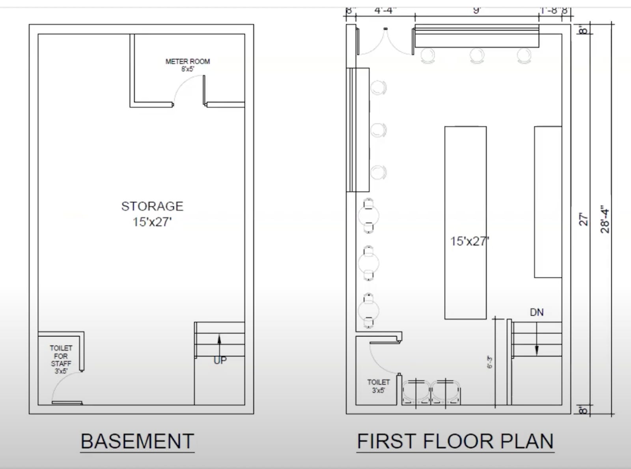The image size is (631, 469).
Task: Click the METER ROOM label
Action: (x=187, y=61)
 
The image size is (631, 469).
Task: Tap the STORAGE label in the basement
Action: (x=152, y=206)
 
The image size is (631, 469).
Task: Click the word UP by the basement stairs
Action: (x=220, y=360)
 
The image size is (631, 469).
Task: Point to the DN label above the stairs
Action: (x=537, y=313)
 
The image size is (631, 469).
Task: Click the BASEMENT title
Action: (x=137, y=441)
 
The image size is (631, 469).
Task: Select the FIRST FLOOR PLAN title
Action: (x=456, y=441)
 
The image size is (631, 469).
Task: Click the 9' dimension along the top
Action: (x=477, y=10)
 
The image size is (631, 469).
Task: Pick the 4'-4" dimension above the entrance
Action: (x=385, y=10)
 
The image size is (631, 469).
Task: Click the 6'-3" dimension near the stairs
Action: (x=490, y=362)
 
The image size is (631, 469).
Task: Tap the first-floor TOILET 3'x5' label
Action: (x=378, y=386)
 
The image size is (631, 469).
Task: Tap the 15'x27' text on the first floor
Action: (x=470, y=241)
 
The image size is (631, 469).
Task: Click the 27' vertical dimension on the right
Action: (x=584, y=219)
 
